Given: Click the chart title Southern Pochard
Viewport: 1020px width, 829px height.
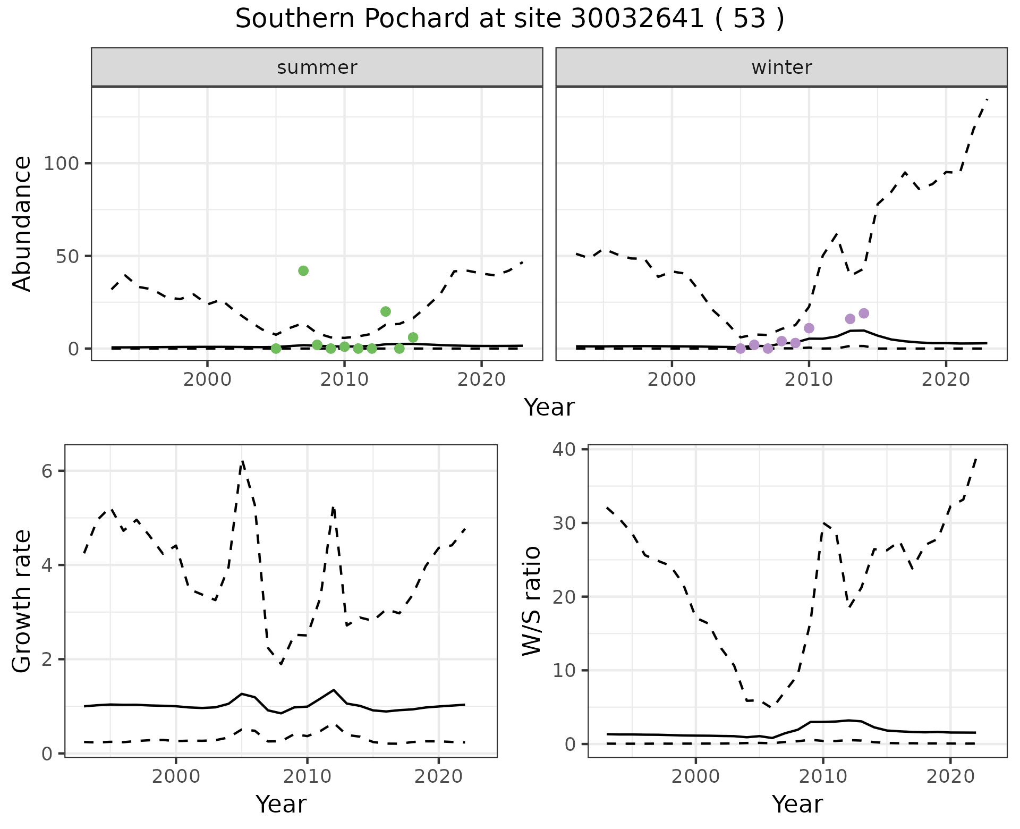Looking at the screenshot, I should point(509,19).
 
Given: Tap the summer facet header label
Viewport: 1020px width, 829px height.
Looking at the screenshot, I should point(317,67).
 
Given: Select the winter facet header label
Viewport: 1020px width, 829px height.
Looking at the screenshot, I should point(781,67).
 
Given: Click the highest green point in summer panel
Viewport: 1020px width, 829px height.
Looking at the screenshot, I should point(303,270).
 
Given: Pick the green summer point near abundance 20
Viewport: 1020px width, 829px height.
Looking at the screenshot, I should point(386,311).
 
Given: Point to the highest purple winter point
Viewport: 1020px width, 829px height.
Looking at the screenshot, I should point(864,314).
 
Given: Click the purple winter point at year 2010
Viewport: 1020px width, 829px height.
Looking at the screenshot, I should point(809,328).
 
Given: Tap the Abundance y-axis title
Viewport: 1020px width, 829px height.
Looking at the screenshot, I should point(22,224).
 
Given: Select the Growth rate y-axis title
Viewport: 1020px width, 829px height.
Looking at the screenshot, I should point(22,601).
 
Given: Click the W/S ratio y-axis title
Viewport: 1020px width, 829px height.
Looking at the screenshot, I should point(532,601).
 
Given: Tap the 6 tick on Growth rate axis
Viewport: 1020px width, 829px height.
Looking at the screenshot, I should point(51,471).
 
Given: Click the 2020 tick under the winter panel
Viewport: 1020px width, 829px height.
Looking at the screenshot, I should point(946,380).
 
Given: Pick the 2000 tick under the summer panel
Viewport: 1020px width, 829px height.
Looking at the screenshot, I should point(207,380).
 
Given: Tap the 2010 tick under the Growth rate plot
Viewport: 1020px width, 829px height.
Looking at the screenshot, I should point(307,776).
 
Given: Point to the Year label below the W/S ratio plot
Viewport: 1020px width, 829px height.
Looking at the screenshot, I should point(797,804).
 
